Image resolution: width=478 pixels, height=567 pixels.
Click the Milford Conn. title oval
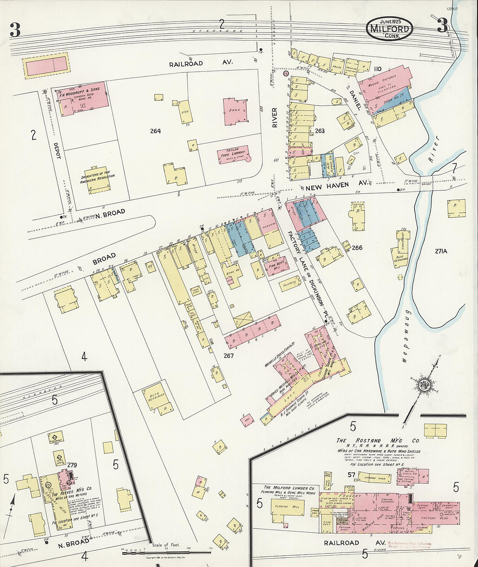pos(389,29)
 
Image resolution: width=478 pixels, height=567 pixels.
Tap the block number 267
pos(229,356)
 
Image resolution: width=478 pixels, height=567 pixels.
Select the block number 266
pos(357,248)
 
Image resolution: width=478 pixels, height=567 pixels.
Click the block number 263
pos(319,130)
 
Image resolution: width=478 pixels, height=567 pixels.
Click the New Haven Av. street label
pos(337,186)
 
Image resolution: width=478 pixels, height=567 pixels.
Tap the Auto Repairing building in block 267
pos(156,397)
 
